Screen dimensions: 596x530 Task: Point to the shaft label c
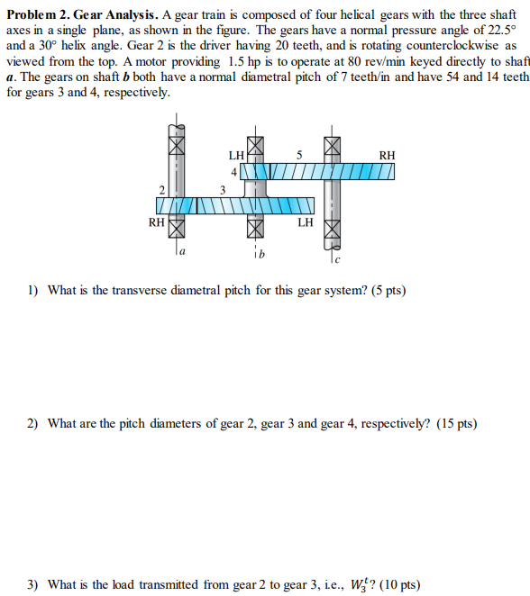click(x=335, y=259)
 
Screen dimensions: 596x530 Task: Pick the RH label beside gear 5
click(x=386, y=155)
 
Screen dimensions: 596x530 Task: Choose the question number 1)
click(x=32, y=290)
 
